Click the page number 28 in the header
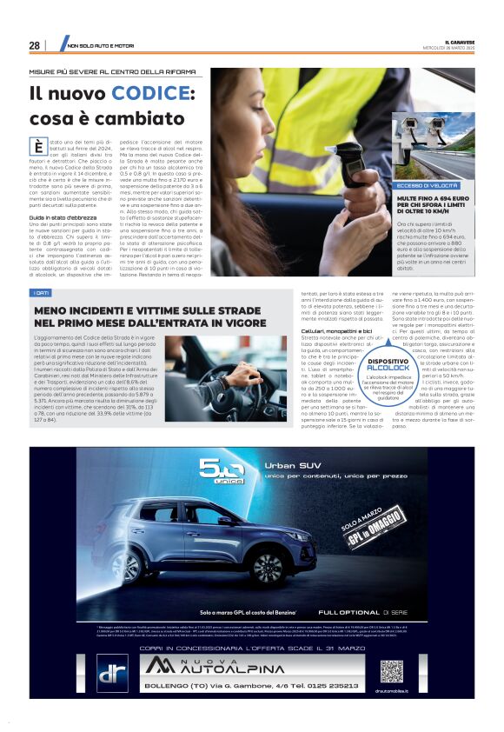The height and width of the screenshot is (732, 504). point(34,45)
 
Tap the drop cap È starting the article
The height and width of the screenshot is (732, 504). point(37,146)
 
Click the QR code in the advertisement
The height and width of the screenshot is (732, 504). point(391,671)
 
